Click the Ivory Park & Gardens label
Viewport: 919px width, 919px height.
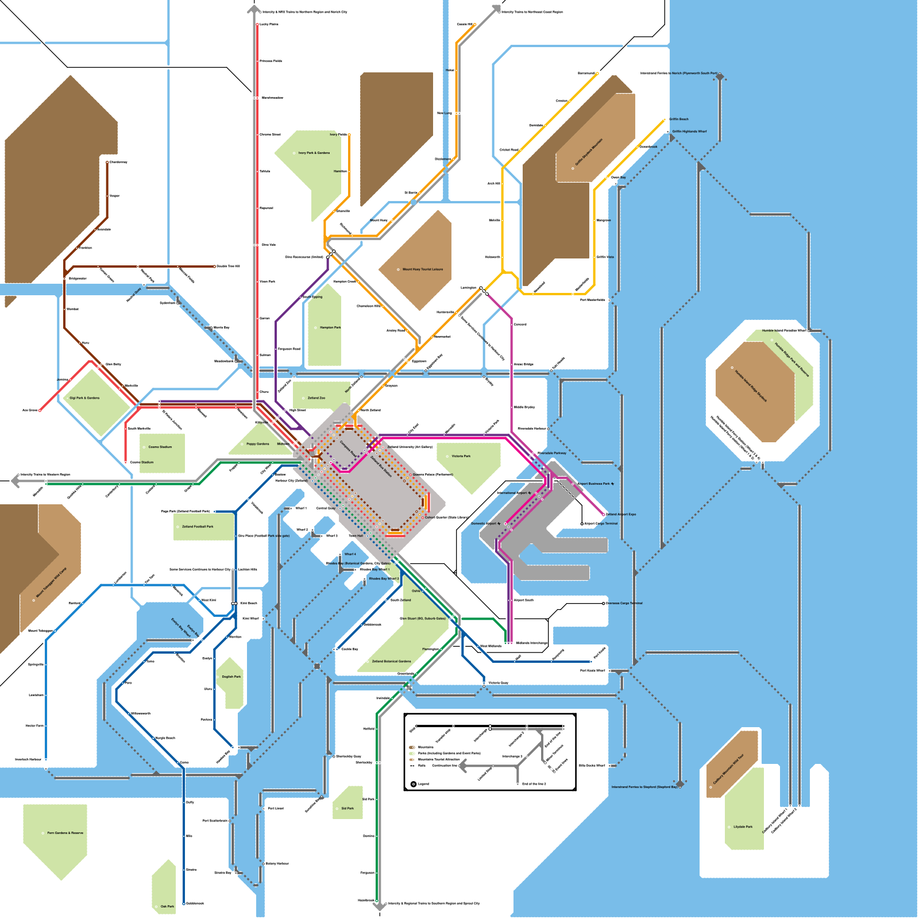(314, 153)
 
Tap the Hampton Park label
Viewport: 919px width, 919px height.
(330, 327)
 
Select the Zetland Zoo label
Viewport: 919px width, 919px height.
(316, 397)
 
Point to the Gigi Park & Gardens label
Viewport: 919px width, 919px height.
(84, 397)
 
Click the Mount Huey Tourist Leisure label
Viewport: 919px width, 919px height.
(422, 269)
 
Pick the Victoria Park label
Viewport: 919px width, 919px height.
(461, 456)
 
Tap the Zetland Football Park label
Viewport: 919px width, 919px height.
(198, 526)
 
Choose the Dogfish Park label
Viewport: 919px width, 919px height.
(231, 677)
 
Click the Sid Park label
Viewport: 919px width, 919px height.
(347, 808)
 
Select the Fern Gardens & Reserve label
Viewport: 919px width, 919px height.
(65, 833)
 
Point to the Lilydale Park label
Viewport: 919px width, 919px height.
(743, 827)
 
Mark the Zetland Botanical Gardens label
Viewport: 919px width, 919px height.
(391, 661)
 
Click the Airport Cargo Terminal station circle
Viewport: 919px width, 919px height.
(582, 524)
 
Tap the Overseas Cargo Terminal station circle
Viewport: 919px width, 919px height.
(604, 603)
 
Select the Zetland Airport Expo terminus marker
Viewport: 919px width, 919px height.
(604, 514)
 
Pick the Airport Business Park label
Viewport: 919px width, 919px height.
(595, 484)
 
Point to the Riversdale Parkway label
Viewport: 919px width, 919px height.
(551, 453)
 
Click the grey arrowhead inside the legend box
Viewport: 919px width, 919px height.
(463, 765)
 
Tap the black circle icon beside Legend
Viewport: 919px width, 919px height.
(414, 784)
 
